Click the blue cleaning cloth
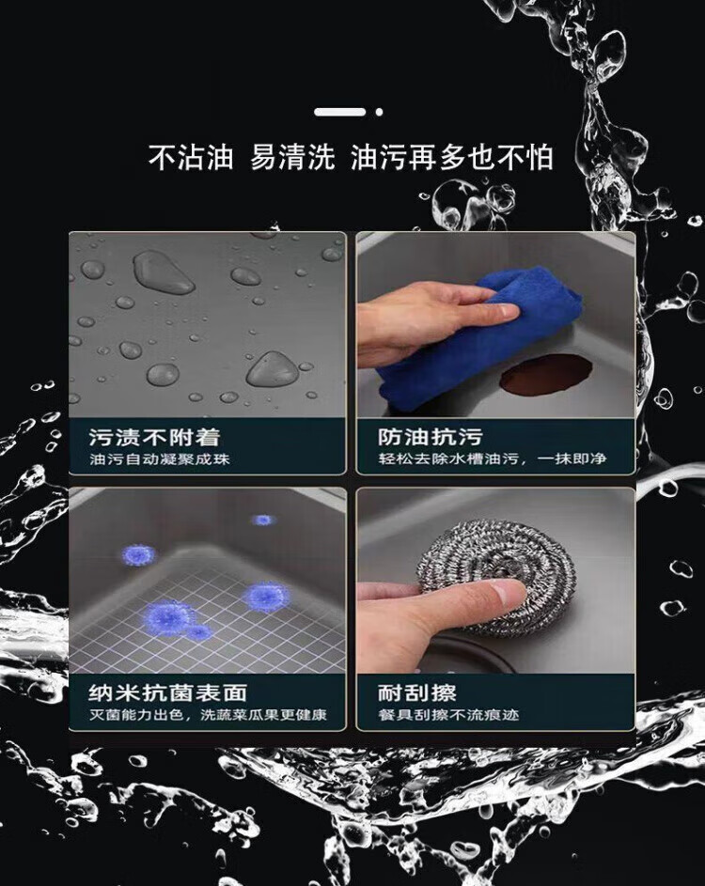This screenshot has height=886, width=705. pos(480,339)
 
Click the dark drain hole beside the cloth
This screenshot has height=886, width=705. pos(546,375)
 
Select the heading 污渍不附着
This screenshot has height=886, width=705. pos(154,437)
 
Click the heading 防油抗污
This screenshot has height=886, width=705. pos(431,437)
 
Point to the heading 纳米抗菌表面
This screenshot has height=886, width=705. pos(168,692)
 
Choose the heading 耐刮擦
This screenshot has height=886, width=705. pos(417,692)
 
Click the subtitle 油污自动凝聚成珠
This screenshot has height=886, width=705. pos(160,459)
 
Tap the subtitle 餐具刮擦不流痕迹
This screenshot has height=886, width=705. pos(448,715)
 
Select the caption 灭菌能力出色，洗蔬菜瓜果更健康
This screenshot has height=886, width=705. pos(208,715)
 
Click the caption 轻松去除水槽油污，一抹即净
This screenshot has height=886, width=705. pos(492,459)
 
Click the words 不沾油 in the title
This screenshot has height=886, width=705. pos(191,157)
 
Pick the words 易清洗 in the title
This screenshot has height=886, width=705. pos(292,157)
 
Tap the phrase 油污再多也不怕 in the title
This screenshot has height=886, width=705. pos(452,157)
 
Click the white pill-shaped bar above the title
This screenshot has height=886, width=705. pos(339,112)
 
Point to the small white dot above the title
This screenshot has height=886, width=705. pos(379,112)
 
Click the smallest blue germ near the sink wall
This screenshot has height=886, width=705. pos(262,520)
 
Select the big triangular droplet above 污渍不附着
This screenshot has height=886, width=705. pos(273,369)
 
